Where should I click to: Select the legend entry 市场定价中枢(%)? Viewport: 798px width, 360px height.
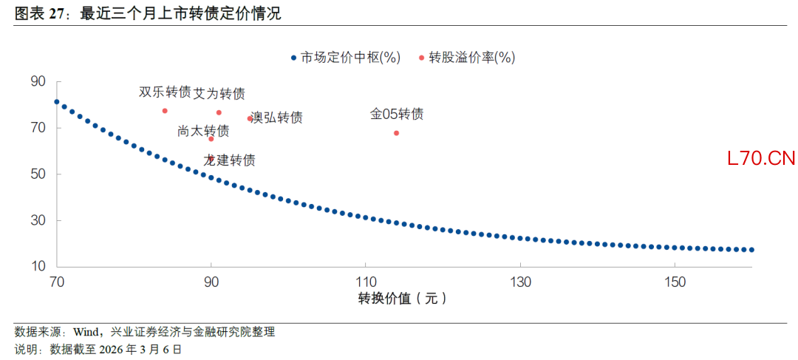tap(346, 58)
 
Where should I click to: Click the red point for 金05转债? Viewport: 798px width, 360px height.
tap(397, 133)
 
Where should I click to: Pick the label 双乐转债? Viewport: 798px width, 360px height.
tap(164, 92)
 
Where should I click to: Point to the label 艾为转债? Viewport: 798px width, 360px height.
tap(219, 94)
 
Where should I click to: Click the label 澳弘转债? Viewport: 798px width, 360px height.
tap(276, 118)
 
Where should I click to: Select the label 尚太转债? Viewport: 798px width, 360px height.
tap(203, 131)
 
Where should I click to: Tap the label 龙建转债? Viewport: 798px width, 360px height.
tap(229, 160)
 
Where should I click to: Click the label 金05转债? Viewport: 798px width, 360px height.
tap(397, 115)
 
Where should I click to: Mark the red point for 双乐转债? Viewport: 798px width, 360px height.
tap(165, 111)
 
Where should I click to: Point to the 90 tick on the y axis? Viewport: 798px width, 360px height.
tap(38, 81)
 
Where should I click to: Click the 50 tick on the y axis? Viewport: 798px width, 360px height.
tap(38, 174)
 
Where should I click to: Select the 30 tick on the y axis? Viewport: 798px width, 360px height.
tap(38, 220)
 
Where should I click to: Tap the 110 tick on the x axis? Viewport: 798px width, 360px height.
tap(366, 282)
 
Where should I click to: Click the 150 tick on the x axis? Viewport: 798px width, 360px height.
tap(675, 282)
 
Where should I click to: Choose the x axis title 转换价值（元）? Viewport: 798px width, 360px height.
tap(403, 299)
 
